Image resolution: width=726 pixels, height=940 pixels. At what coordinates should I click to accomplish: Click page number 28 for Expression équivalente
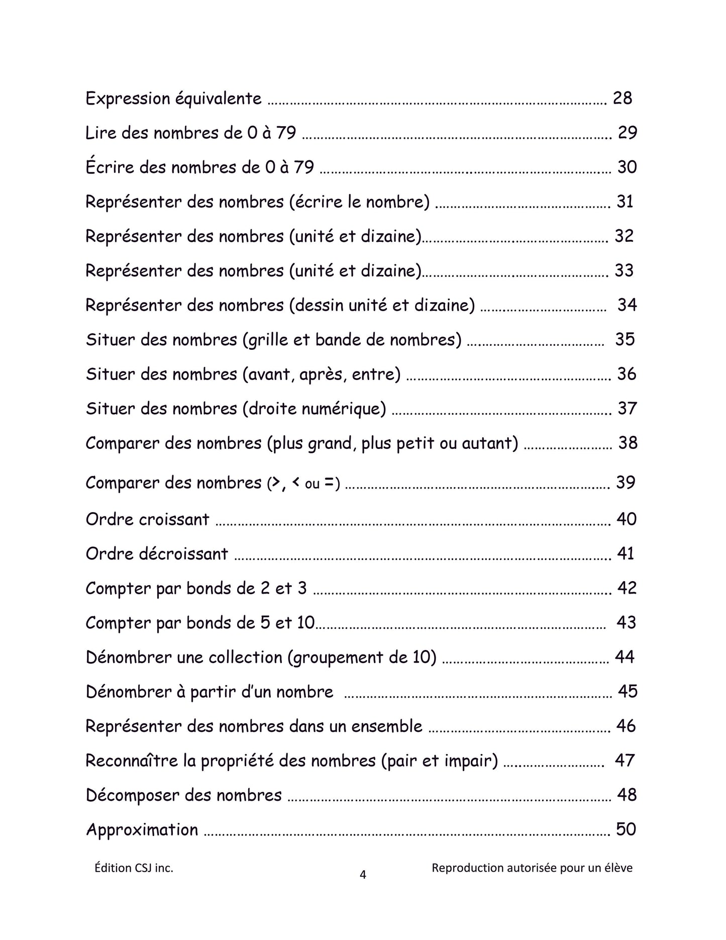point(622,98)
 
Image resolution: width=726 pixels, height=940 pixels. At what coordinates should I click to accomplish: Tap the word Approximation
point(142,829)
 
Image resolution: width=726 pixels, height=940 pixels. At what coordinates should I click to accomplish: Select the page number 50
point(626,829)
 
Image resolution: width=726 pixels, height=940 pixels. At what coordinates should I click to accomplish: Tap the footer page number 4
point(363,875)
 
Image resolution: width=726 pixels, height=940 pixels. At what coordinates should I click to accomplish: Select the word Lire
point(100,133)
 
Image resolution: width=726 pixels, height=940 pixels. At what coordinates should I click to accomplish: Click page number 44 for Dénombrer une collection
point(625,656)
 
